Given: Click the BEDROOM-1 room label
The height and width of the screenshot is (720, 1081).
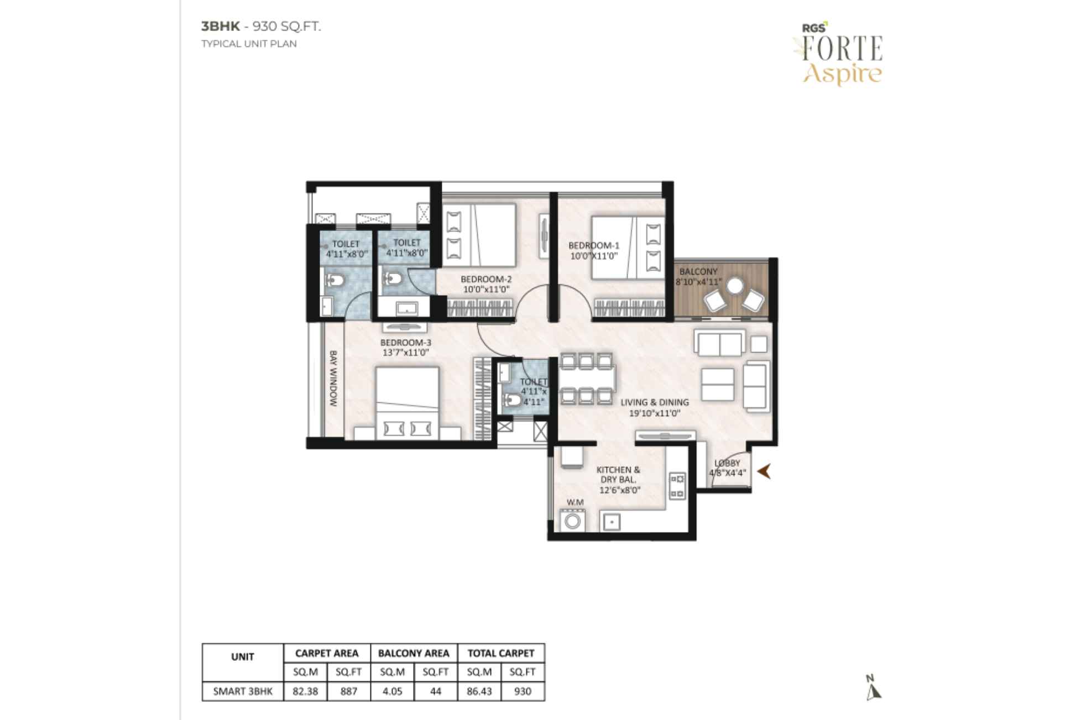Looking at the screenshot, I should point(593,245).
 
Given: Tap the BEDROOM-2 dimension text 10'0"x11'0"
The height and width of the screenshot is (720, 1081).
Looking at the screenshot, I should point(485,289).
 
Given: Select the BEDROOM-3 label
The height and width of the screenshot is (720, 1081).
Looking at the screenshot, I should point(405,343).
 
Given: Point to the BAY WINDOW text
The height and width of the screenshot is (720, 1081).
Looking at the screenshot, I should point(333,378).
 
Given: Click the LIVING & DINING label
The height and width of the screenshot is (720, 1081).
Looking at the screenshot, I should point(654,402).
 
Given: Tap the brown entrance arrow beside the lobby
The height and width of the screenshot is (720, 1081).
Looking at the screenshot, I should point(764,471).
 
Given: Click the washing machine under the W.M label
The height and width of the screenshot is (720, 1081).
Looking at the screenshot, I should point(573,520).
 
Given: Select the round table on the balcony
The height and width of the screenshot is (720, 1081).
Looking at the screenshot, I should point(735,286).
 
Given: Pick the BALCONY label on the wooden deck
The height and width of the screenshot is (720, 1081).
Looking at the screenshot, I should point(698,272).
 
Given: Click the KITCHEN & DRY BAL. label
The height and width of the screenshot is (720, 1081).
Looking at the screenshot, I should point(619,475).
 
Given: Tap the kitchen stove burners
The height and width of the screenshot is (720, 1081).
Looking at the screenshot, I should point(677,485).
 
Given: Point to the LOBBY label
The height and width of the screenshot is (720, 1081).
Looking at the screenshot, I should point(727,463).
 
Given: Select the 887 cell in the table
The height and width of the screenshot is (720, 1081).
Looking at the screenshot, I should point(348,691).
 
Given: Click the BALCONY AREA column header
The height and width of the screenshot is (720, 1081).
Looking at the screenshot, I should point(414,653).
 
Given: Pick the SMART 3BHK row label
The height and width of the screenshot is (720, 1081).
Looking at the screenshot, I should point(243,691).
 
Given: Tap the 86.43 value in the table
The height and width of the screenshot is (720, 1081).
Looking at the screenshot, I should point(479,691).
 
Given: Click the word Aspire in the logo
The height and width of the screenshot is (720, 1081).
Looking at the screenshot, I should point(842,74).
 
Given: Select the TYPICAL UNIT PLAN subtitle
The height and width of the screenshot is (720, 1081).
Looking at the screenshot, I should point(249,44).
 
